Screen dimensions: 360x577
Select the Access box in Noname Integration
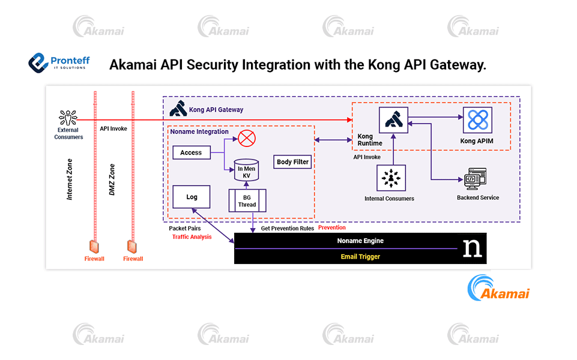[x=191, y=152]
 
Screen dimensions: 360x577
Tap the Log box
[x=192, y=197]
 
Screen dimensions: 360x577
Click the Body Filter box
[x=292, y=162]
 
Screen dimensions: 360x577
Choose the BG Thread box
[x=247, y=200]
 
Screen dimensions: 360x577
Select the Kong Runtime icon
[x=393, y=119]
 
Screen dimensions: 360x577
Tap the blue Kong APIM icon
[x=477, y=120]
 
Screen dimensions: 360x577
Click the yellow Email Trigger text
[x=360, y=257]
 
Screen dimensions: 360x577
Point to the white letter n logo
[x=472, y=248]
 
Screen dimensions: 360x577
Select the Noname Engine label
[x=360, y=241]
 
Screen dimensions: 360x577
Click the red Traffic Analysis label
[x=192, y=237]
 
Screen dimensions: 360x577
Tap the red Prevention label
[x=332, y=228]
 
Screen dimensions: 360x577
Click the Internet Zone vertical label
[x=70, y=180]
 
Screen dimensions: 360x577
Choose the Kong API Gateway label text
[x=216, y=110]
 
